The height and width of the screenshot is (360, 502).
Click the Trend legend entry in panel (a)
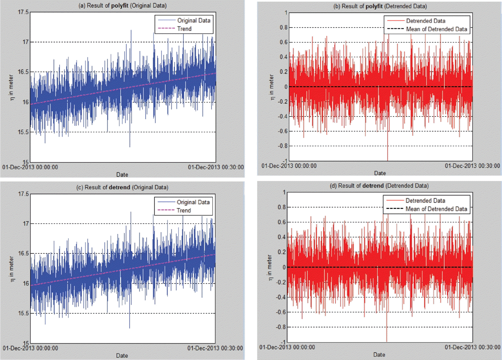click(184, 29)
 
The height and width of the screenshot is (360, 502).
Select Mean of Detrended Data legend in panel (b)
click(437, 29)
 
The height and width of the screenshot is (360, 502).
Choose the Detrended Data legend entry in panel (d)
click(425, 200)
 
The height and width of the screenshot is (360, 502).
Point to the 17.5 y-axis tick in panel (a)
click(23, 12)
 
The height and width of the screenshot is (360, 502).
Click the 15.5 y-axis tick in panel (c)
click(23, 313)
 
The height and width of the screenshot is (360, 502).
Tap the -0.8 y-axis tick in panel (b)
click(279, 146)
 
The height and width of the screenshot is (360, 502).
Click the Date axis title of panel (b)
click(380, 173)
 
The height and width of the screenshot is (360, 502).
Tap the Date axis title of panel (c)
click(122, 356)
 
